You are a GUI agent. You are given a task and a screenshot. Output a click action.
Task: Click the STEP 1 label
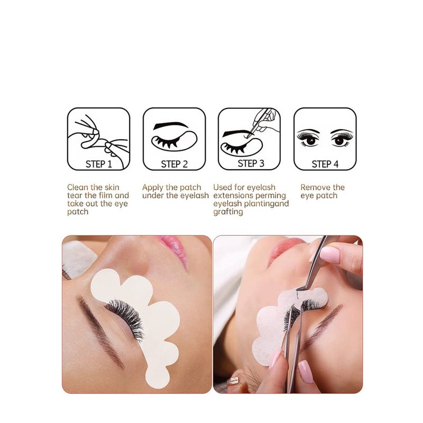point(99,164)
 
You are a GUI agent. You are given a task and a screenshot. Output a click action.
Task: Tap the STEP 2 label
point(174,164)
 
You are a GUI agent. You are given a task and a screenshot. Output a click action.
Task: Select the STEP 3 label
point(251,163)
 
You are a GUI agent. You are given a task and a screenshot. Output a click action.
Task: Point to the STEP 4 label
point(325,164)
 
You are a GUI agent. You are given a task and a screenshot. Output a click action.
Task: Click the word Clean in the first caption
point(78,187)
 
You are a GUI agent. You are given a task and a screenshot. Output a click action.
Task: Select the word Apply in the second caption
point(153,187)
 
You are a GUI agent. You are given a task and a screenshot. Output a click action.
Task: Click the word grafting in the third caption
point(228,212)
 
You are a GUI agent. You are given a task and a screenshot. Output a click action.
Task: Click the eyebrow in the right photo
point(323,325)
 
